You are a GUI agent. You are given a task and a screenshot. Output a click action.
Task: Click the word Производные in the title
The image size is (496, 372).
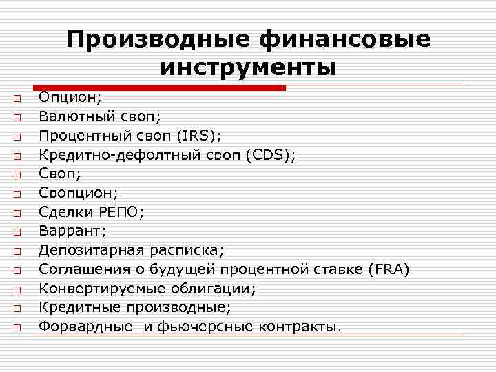tap(156, 39)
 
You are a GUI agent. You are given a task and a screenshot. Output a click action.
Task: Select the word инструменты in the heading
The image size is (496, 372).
tap(249, 68)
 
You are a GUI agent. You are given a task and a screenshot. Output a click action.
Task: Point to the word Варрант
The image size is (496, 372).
tap(69, 231)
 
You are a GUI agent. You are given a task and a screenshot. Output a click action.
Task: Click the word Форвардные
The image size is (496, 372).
tap(85, 325)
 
